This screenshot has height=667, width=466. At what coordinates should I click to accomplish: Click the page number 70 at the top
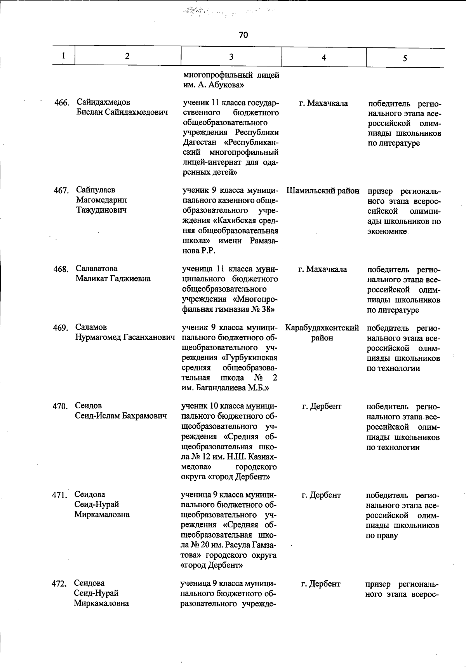click(x=243, y=35)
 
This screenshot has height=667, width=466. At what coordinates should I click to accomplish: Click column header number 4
click(x=324, y=58)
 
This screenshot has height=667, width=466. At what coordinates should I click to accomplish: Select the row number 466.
click(x=61, y=103)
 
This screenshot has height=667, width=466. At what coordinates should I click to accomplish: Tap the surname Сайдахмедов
click(x=103, y=102)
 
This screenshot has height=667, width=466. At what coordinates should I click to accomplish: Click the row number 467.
click(x=61, y=190)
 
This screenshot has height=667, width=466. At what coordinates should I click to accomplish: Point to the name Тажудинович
click(x=101, y=210)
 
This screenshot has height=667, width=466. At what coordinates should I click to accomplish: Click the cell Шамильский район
click(x=323, y=191)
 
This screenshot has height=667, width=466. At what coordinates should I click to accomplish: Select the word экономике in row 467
click(x=387, y=232)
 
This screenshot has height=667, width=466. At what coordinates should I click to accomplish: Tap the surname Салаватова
click(x=96, y=269)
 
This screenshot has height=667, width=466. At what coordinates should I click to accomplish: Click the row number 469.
click(x=61, y=328)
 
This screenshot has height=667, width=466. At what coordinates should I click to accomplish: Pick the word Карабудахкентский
click(x=322, y=328)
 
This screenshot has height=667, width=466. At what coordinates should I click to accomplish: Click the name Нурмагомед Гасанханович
click(x=125, y=337)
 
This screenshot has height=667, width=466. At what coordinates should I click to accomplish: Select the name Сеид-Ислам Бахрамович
click(x=121, y=416)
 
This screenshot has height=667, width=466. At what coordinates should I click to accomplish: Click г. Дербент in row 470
click(x=322, y=406)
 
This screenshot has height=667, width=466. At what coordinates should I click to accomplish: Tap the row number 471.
click(x=59, y=495)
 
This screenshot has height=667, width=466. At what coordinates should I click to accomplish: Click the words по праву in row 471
click(x=382, y=536)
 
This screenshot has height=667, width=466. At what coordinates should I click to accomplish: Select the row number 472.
click(x=59, y=584)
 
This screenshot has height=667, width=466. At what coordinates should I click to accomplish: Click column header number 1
click(x=63, y=56)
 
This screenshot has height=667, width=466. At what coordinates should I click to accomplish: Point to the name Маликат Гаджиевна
click(x=113, y=279)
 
